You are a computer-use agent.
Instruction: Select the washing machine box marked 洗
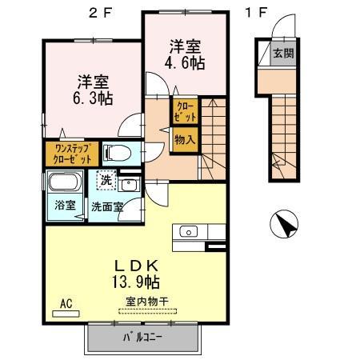coord(106,180)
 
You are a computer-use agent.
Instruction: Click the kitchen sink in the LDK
coord(189,231)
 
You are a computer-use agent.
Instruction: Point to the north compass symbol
coord(284,223)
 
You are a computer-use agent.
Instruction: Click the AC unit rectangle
coord(66,314)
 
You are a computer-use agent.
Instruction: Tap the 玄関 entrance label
coord(283,54)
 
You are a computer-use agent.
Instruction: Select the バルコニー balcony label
coord(142,338)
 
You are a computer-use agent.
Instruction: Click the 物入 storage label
coord(185,139)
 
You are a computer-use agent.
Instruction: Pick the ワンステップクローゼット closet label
coord(72,154)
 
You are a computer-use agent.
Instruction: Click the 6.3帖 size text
coord(93,98)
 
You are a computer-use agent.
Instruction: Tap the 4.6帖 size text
coord(185,63)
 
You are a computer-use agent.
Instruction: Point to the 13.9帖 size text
coord(136,282)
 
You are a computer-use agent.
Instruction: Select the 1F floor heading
coord(256,12)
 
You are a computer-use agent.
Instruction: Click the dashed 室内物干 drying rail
coord(147,311)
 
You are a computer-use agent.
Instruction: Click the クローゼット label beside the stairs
coord(185,111)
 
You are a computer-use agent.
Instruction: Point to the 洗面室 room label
coord(107,206)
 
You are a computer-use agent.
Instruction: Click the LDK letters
coord(136,266)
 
